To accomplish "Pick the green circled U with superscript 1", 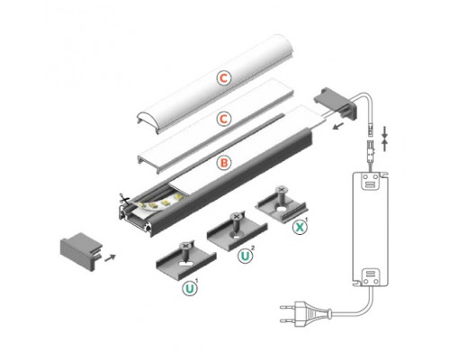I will click(190, 290).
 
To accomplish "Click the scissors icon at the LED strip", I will click(123, 198).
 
